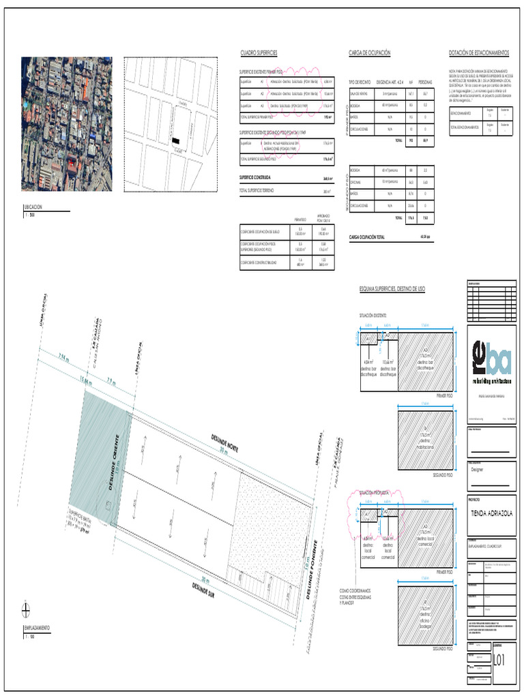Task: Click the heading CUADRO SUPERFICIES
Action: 259,53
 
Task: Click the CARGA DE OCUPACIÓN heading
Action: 369,53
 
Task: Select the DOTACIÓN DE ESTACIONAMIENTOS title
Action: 479,53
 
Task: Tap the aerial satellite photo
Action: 67,124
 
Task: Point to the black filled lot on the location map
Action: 177,139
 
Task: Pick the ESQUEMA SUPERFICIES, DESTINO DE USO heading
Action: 392,290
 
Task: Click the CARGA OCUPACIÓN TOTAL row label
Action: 366,237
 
